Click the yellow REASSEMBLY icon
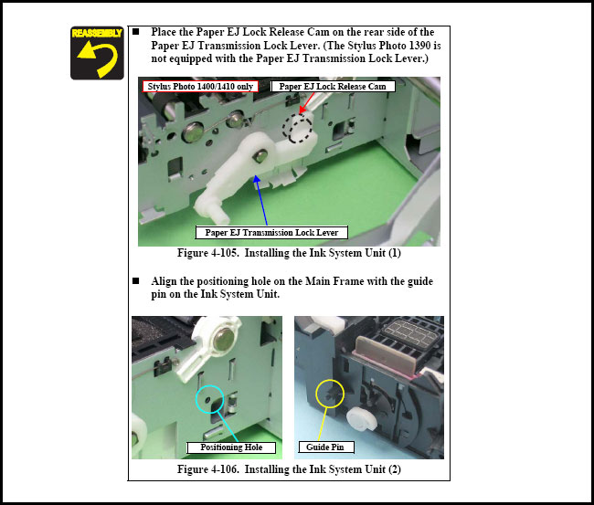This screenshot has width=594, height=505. click(x=97, y=53)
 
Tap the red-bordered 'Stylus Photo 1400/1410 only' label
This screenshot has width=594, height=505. click(x=200, y=87)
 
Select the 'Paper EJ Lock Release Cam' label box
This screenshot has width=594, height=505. click(x=333, y=87)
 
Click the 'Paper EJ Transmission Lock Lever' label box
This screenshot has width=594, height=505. click(x=271, y=233)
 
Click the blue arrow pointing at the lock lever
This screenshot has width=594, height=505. click(x=261, y=200)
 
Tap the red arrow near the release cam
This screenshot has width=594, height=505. click(x=306, y=103)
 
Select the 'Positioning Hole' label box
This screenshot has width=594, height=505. click(x=231, y=447)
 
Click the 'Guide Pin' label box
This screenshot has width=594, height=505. click(x=326, y=447)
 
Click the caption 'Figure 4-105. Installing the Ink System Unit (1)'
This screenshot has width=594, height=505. click(x=289, y=253)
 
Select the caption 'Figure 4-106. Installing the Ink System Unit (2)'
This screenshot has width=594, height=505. click(x=289, y=469)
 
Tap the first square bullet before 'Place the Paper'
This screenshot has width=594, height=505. click(x=135, y=32)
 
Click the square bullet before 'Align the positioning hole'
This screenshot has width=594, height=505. click(x=135, y=281)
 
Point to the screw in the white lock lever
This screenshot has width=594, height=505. click(x=260, y=155)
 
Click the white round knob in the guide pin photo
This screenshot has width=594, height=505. click(x=361, y=419)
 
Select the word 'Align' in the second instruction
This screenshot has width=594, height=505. click(x=164, y=281)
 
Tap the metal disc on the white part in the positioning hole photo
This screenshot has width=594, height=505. click(x=224, y=339)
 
